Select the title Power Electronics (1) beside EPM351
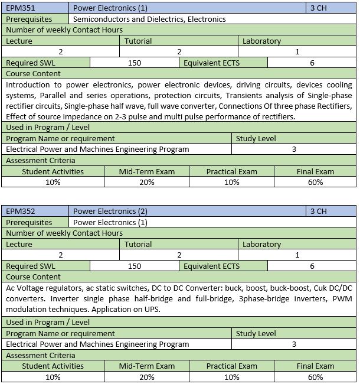coord(110,8)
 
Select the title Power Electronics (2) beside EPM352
coord(110,211)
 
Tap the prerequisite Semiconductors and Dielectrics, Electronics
coord(149,19)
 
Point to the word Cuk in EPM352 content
coord(322,288)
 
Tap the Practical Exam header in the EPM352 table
coord(231,366)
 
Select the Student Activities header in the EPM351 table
coord(53,171)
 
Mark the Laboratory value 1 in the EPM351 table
coord(297,52)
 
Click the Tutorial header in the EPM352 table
coord(138,244)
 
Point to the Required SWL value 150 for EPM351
coord(135,63)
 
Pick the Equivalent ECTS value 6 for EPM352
coord(312,266)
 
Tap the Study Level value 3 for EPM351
coord(294,149)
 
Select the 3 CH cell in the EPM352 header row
coord(318,211)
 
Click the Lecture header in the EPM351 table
coord(19,41)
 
